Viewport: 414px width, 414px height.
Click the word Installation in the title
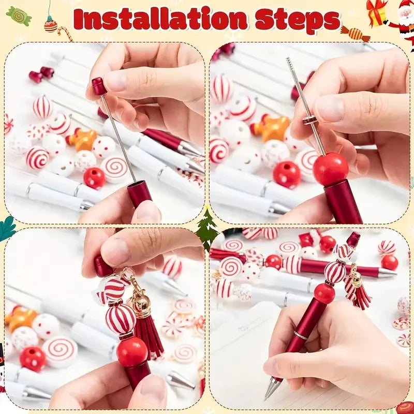coord(160,19)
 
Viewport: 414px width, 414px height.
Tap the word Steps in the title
coord(298,20)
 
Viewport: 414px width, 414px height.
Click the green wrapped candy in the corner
coord(19,16)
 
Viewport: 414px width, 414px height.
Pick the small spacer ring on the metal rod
coord(309,120)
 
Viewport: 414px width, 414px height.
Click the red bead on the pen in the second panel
coord(330,169)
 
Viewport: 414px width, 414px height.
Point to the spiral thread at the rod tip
coord(290,65)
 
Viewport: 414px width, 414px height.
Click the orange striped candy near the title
coord(355,34)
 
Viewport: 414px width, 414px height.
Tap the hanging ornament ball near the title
coord(50,24)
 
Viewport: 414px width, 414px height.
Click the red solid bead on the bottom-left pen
coord(132,352)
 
